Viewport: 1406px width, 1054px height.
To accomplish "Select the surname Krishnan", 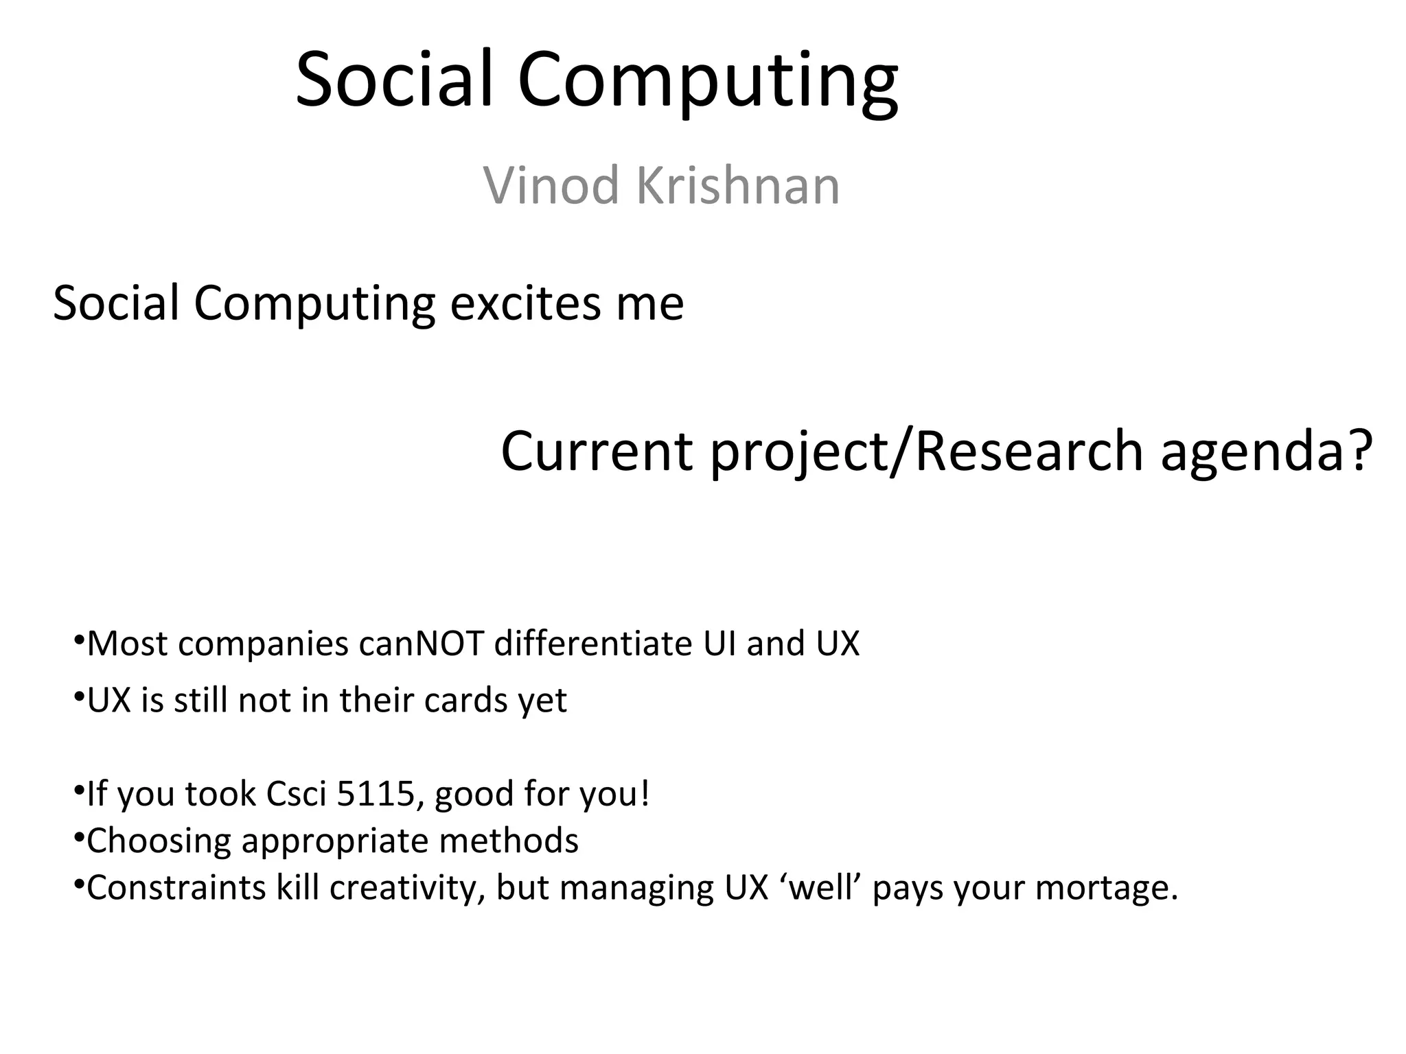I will [x=738, y=185].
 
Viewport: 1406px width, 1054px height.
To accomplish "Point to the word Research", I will [x=1028, y=452].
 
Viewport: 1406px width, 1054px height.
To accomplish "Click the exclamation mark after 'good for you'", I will [x=644, y=794].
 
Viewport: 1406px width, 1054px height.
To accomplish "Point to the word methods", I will [x=509, y=841].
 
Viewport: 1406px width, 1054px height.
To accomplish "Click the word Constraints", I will [x=176, y=887].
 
